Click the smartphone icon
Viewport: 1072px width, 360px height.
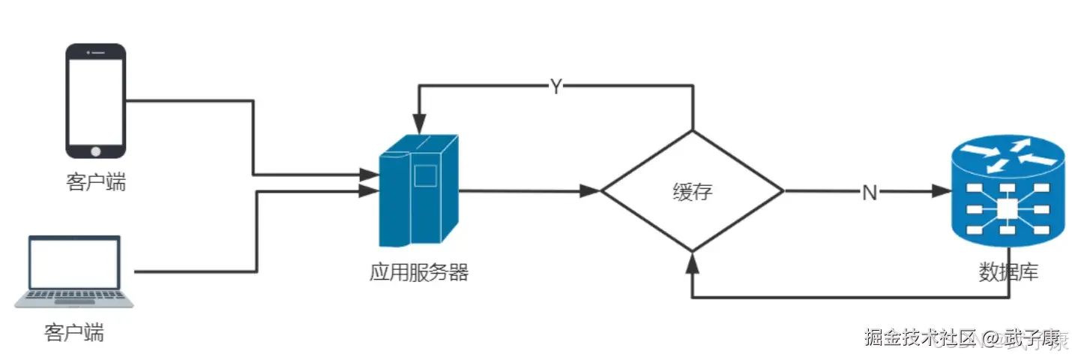(x=96, y=101)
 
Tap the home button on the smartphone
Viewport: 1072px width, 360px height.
(x=96, y=151)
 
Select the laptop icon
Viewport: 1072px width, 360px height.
(x=74, y=271)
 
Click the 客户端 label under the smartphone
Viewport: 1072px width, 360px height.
(x=96, y=182)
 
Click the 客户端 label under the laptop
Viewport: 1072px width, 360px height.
(x=73, y=332)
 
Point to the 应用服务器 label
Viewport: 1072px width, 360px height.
(x=418, y=272)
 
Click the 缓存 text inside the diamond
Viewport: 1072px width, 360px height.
(x=692, y=192)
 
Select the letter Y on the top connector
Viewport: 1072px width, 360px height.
(x=555, y=86)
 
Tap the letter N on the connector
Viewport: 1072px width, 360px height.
(x=869, y=193)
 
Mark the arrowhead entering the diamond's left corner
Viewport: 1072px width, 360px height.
(x=592, y=191)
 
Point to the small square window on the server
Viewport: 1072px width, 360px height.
(x=425, y=175)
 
